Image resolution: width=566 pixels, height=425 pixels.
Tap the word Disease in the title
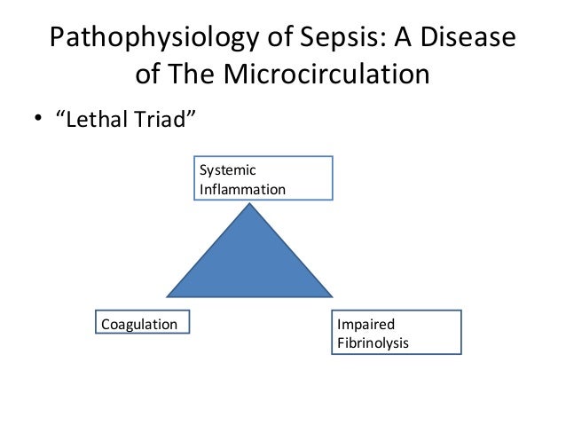pos(466,39)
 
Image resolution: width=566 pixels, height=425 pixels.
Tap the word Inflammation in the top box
pos(242,189)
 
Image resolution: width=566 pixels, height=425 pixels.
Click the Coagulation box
pos(140,325)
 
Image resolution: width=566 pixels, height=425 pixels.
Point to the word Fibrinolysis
pos(373,342)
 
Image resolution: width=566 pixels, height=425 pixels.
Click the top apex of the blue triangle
pos(252,205)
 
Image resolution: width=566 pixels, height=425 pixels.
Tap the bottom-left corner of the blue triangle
pos(168,295)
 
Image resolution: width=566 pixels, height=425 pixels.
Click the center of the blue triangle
pos(252,264)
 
